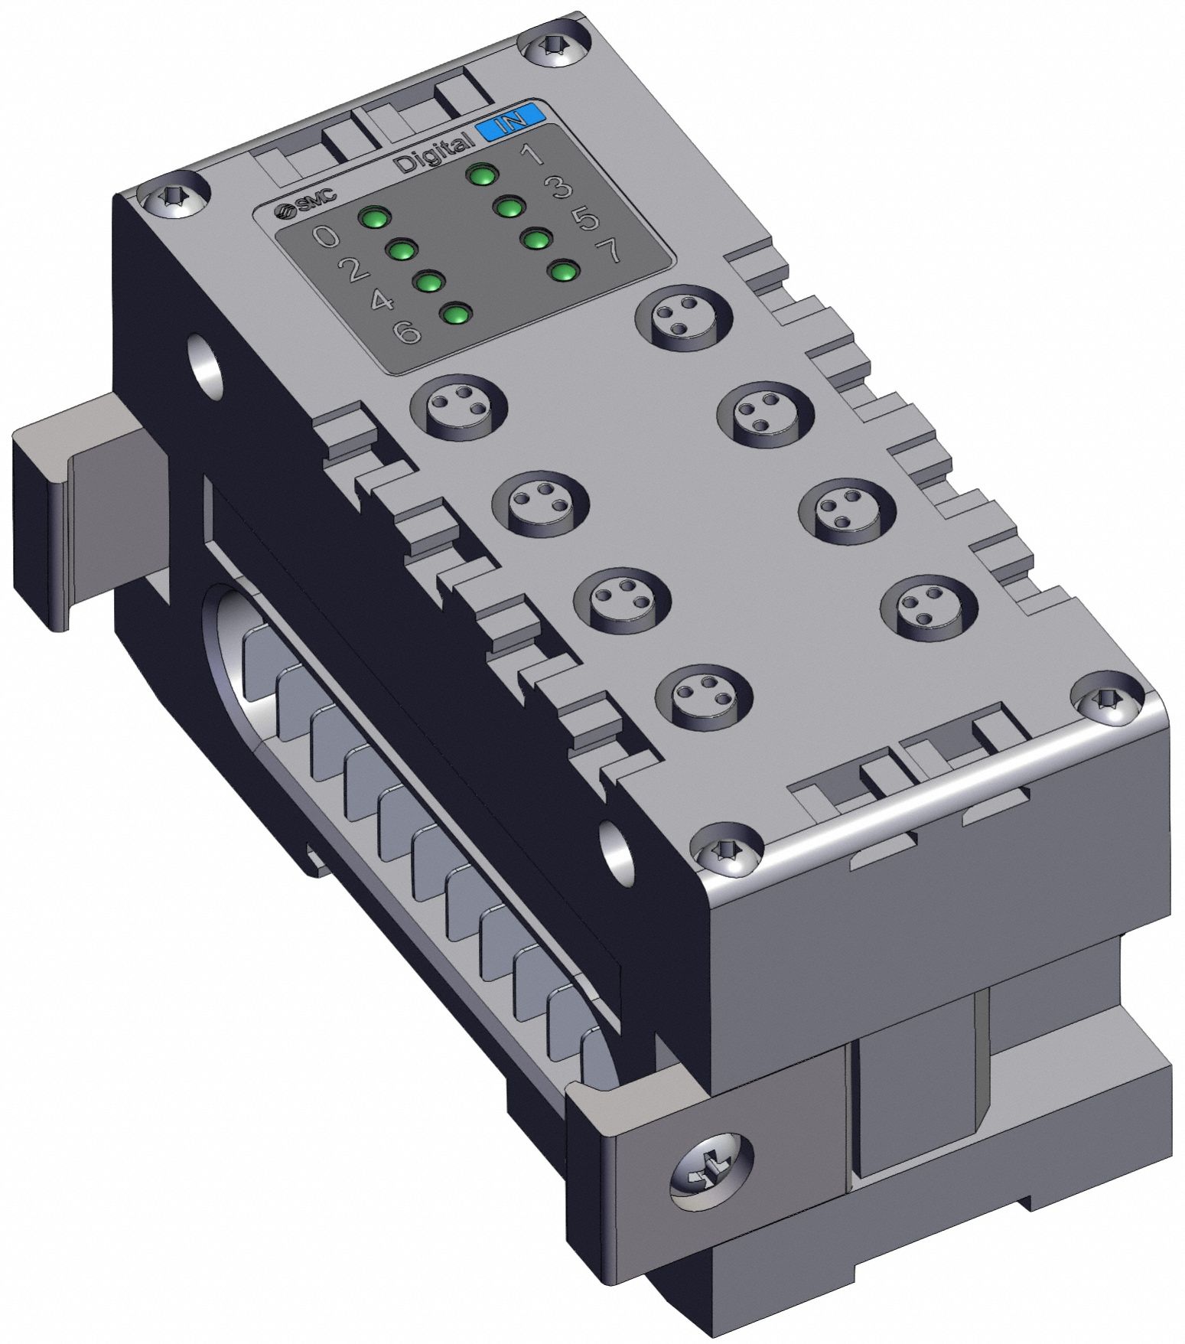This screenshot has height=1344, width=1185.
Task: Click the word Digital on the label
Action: [433, 152]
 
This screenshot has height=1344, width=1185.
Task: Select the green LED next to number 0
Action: [375, 218]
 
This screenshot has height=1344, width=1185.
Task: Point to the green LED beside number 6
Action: [457, 315]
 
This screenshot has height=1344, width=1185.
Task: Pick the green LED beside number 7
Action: [564, 271]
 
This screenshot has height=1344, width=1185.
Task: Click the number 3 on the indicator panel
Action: [562, 188]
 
